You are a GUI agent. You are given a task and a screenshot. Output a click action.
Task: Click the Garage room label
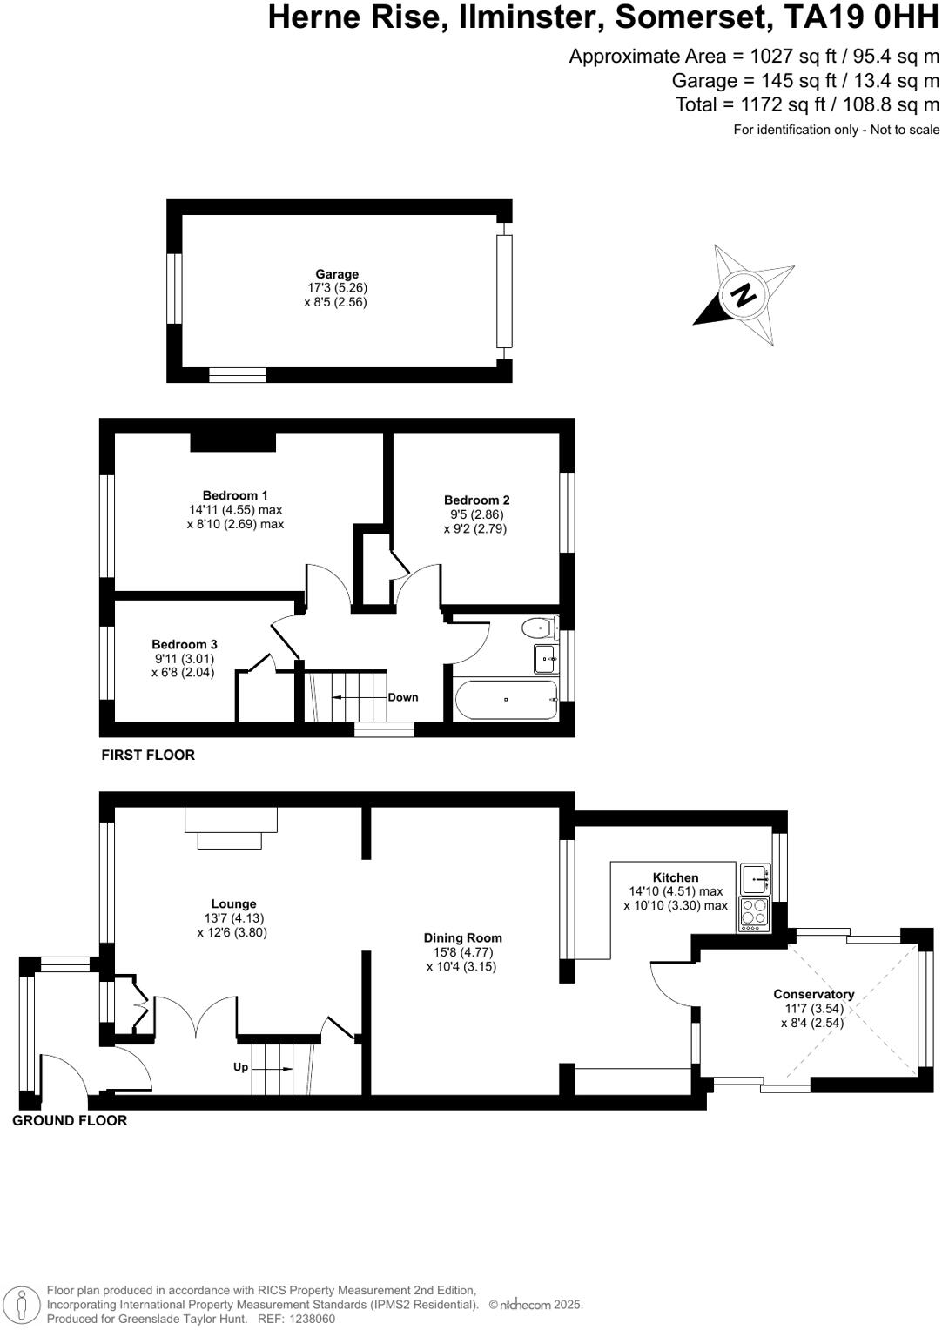pyautogui.click(x=337, y=274)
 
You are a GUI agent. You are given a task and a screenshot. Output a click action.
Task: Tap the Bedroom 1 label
pyautogui.click(x=235, y=495)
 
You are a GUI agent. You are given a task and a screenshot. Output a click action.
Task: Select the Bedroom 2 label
pyautogui.click(x=476, y=500)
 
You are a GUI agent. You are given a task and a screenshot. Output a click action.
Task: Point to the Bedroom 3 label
pyautogui.click(x=184, y=644)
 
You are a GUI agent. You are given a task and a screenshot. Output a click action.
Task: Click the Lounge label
pyautogui.click(x=233, y=903)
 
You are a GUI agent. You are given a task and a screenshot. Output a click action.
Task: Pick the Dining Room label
pyautogui.click(x=462, y=937)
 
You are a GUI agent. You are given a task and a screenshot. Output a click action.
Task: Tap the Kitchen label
pyautogui.click(x=676, y=877)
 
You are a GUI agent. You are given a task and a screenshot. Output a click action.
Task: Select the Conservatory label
pyautogui.click(x=813, y=994)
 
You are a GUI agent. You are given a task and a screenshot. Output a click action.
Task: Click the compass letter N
pyautogui.click(x=744, y=295)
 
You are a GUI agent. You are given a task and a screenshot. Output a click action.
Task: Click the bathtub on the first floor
pyautogui.click(x=505, y=700)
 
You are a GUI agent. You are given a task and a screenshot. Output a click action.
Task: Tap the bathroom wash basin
pyautogui.click(x=546, y=659)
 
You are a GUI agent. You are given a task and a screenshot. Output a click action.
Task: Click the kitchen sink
pyautogui.click(x=754, y=878)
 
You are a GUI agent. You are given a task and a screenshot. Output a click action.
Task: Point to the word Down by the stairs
pyautogui.click(x=403, y=697)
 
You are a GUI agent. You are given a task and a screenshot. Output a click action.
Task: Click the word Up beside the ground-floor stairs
pyautogui.click(x=240, y=1066)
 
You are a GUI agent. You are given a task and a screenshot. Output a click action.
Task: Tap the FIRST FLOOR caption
pyautogui.click(x=148, y=755)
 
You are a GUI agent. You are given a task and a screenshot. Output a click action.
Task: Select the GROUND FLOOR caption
pyautogui.click(x=70, y=1120)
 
